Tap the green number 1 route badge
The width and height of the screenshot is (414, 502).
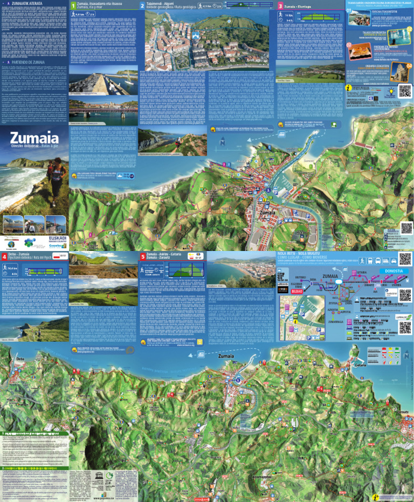tap(73, 6)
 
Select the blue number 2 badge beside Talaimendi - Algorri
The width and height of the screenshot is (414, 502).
tap(142, 6)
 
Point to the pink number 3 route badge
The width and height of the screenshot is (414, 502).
tap(280, 6)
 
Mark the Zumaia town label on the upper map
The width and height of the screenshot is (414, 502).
tap(267, 212)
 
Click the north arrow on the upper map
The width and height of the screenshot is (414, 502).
tap(222, 142)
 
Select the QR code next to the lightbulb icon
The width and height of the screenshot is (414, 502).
tap(405, 90)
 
